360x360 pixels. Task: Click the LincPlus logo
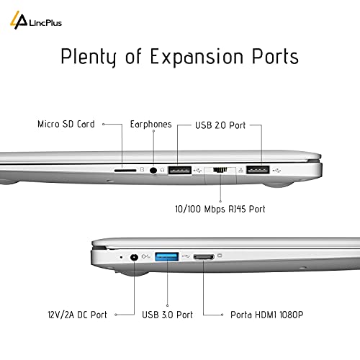click(36, 21)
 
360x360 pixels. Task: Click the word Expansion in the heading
click(197, 57)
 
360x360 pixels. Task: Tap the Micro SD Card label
click(66, 124)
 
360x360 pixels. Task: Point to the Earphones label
click(150, 124)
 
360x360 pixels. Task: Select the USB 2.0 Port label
click(220, 125)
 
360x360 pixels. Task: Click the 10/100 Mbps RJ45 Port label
click(220, 209)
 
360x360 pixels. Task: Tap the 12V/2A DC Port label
click(77, 315)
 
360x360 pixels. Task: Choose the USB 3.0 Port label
click(167, 315)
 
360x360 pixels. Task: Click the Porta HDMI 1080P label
click(266, 315)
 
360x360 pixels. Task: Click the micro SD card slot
click(125, 171)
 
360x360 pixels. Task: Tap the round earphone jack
click(153, 171)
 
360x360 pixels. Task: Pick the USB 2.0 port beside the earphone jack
click(180, 171)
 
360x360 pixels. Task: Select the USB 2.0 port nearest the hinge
click(258, 170)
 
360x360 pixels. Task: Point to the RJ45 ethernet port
click(220, 170)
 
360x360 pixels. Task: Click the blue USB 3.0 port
click(167, 256)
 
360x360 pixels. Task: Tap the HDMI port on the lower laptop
click(204, 257)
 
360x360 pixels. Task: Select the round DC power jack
click(134, 257)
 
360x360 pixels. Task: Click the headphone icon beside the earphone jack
click(162, 170)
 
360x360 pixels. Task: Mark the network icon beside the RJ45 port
click(241, 170)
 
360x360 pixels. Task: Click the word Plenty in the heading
click(89, 57)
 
